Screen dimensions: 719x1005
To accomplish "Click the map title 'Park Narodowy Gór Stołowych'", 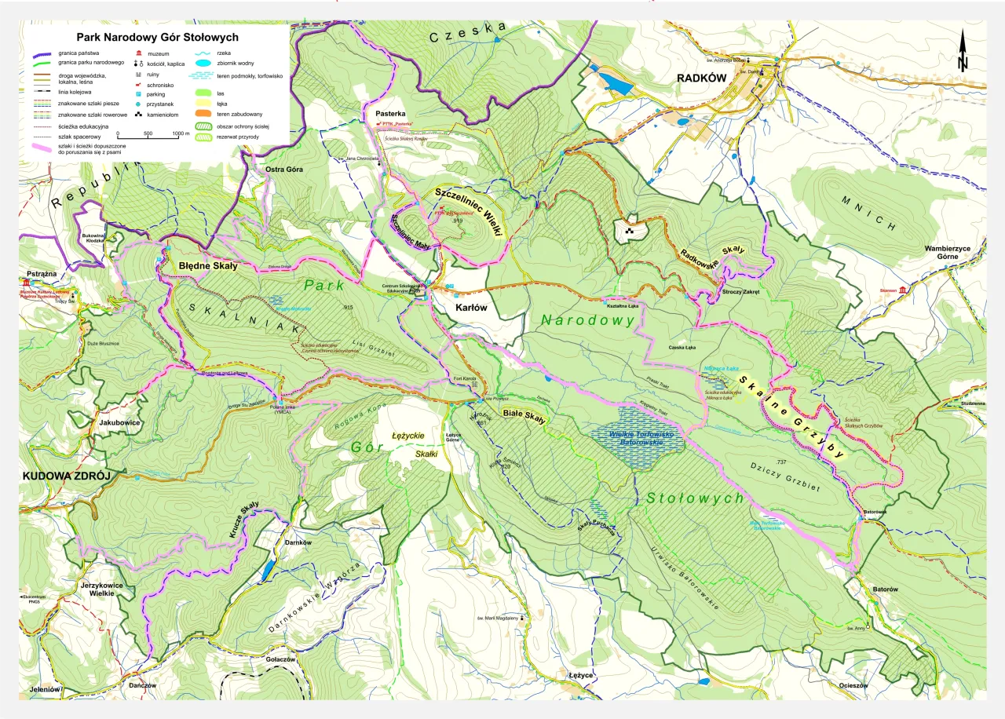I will tap(157, 37).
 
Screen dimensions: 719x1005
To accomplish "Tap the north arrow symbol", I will tap(963, 53).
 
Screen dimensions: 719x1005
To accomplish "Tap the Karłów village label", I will tap(472, 308).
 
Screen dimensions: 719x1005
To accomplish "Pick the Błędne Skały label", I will tap(208, 265).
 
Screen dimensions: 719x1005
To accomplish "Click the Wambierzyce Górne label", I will tap(952, 254).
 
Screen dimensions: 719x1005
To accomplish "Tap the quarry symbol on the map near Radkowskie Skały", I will tap(629, 231).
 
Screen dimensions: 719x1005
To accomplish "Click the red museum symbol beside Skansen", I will tap(904, 291).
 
